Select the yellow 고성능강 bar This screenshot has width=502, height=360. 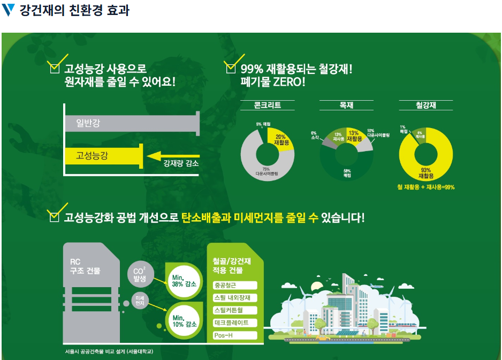click(102, 155)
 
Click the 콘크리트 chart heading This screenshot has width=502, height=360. click(267, 106)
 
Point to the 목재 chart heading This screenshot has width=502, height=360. click(346, 106)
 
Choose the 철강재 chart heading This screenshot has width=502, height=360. click(425, 106)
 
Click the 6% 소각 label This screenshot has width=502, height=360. click(314, 135)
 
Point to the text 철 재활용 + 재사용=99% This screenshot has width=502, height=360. click(426, 187)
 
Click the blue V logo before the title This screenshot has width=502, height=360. click(9, 11)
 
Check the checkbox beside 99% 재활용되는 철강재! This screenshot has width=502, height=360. click(231, 69)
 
